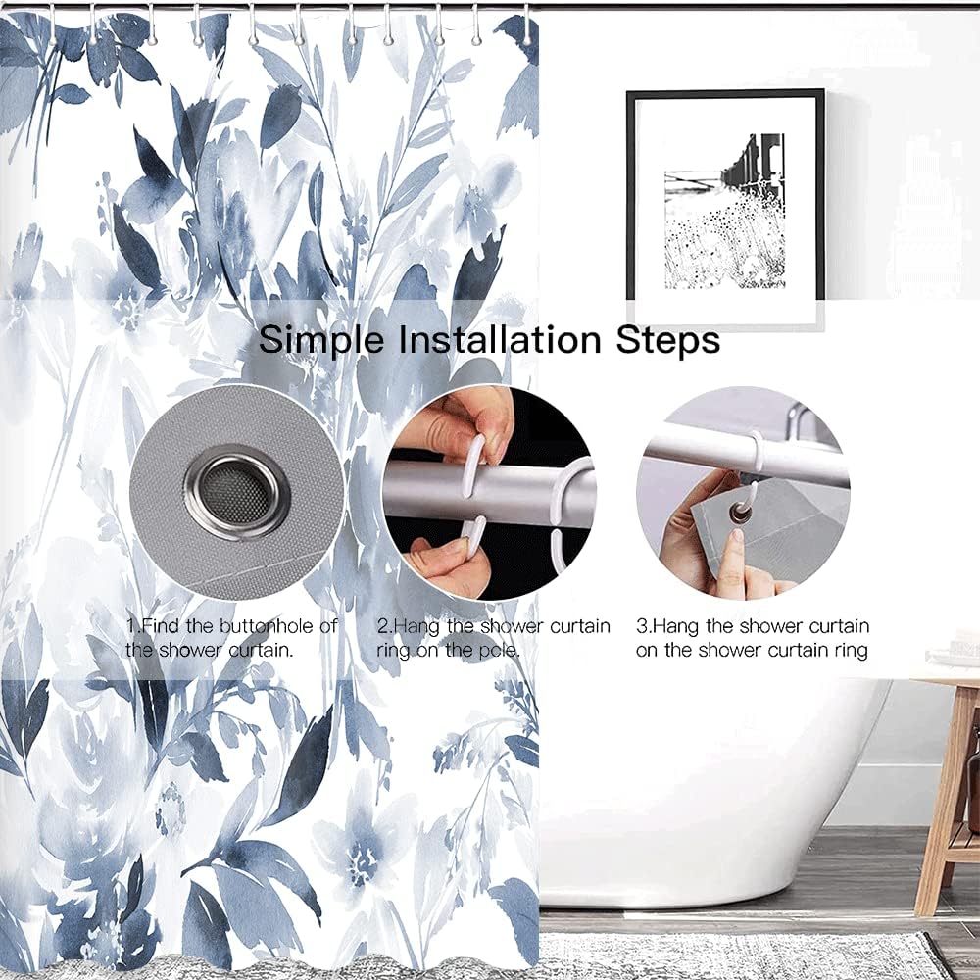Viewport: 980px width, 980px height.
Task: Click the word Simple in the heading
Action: [x=321, y=341]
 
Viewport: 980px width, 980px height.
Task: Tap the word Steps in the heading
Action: [x=668, y=341]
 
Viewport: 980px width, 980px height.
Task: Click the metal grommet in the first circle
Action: [x=237, y=491]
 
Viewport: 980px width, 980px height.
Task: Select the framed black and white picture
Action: [x=725, y=210]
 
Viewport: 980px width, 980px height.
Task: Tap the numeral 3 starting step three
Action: [x=641, y=626]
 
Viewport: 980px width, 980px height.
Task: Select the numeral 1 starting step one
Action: [x=130, y=625]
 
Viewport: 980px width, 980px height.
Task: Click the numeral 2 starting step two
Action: [x=382, y=626]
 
